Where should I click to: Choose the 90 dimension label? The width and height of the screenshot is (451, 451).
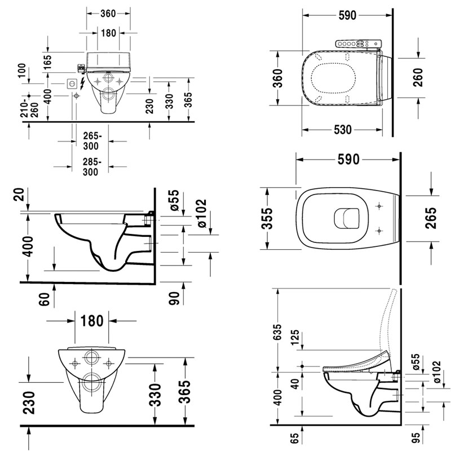click(175, 297)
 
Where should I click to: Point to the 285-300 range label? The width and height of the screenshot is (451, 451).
click(91, 167)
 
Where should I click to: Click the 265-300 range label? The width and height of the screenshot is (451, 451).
click(91, 141)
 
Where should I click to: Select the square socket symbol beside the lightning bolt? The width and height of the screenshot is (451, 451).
click(72, 83)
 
